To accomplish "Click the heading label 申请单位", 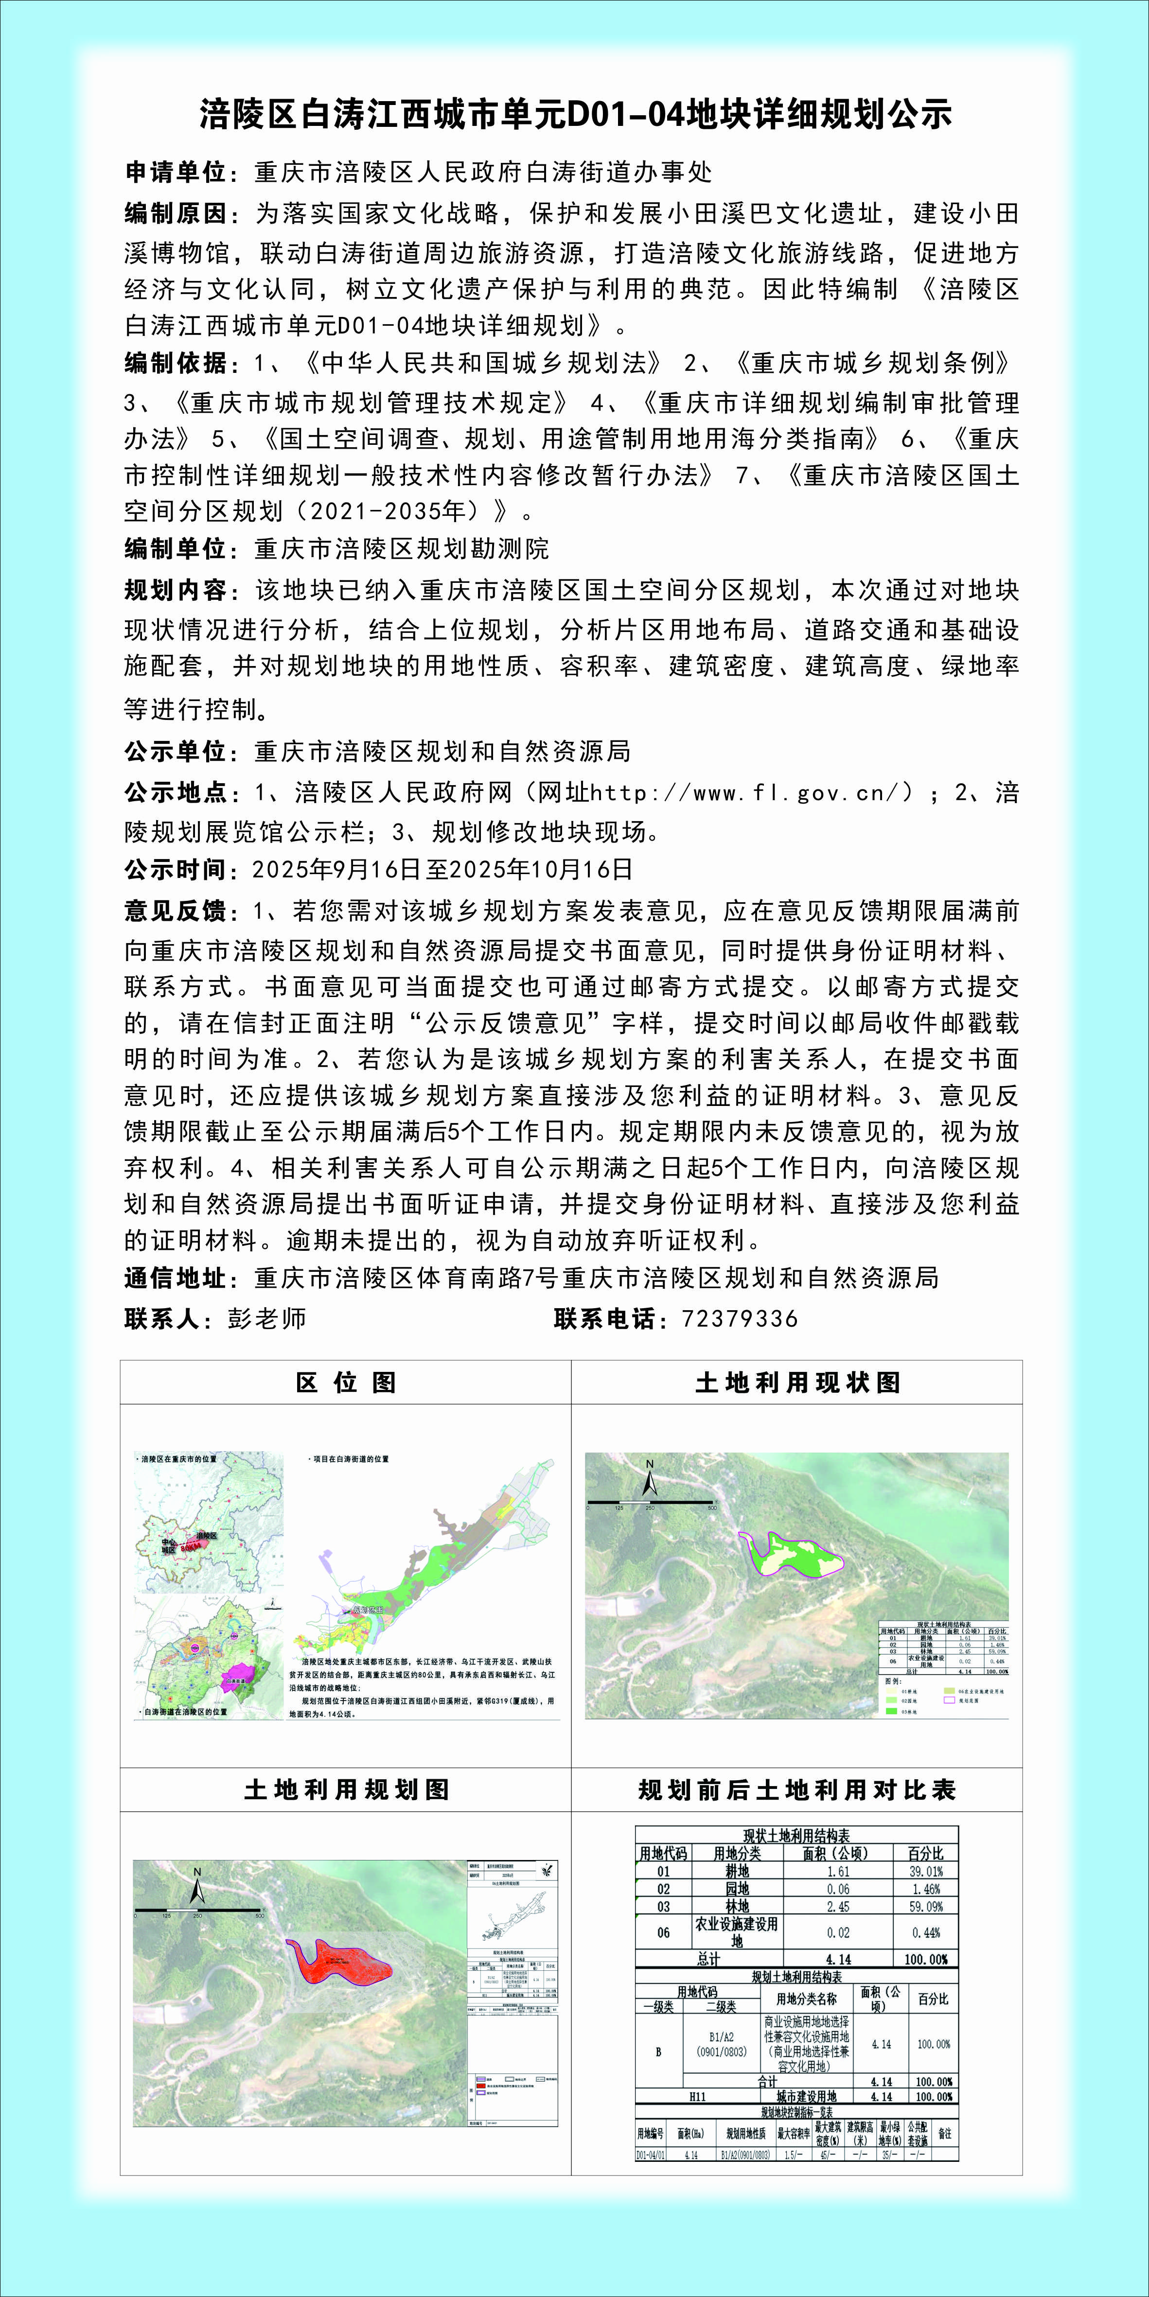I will point(175,172).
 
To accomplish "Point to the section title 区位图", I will point(346,1383).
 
